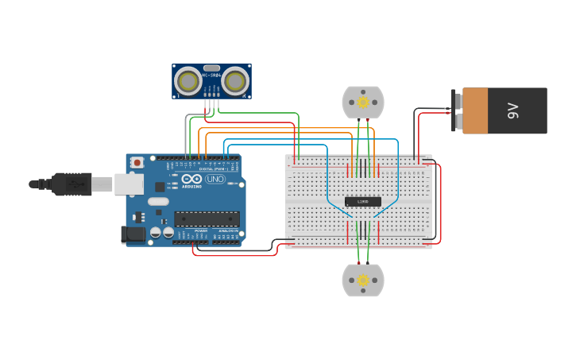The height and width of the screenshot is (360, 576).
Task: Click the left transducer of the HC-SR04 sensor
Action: click(188, 81)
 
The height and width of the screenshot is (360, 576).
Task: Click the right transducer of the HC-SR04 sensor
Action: click(235, 81)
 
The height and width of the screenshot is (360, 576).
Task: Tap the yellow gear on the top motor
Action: click(363, 103)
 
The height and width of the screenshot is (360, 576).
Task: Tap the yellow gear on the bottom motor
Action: click(363, 281)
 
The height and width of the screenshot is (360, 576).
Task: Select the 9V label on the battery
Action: click(513, 110)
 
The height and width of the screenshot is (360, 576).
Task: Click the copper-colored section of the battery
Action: click(475, 110)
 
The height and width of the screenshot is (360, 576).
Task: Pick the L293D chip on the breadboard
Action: click(363, 202)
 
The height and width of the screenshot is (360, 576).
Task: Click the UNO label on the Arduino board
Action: click(215, 180)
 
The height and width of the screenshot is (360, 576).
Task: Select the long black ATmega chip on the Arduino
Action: click(207, 218)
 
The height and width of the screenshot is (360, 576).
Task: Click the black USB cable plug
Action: click(72, 184)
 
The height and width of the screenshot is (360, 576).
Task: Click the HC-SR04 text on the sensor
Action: click(211, 75)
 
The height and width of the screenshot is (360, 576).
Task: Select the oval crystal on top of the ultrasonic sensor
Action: click(211, 68)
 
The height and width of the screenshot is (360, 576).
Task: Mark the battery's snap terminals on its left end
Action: click(457, 110)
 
